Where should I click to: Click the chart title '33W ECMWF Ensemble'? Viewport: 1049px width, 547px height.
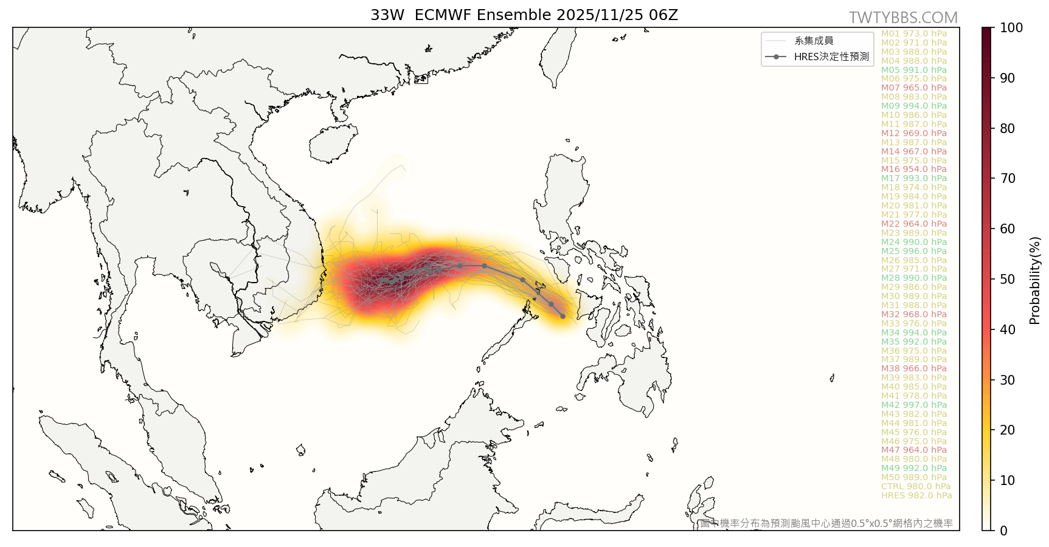coord(524,15)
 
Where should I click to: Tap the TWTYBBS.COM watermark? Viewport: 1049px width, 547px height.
coord(903,18)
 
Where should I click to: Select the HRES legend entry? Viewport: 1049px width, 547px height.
coord(831,57)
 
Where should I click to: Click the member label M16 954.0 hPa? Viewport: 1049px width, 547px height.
coord(914,170)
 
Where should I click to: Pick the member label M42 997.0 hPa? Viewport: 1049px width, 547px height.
coord(914,405)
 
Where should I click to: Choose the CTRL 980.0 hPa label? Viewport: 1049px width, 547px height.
coord(916,486)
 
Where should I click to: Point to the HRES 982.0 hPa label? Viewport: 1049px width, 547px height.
coord(916,495)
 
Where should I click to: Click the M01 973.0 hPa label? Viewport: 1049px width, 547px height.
coord(914,33)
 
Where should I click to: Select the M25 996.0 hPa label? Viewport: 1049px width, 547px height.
coord(914,251)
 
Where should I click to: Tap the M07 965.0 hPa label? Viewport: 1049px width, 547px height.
coord(914,88)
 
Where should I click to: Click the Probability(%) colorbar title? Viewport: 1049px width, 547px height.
coord(1035,280)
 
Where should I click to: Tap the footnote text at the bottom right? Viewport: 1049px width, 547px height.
coord(826,523)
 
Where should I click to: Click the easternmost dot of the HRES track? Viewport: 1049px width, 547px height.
coord(563,316)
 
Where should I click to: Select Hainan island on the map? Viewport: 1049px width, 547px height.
coord(332,143)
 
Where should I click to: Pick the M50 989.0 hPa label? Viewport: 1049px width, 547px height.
coord(914,477)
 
